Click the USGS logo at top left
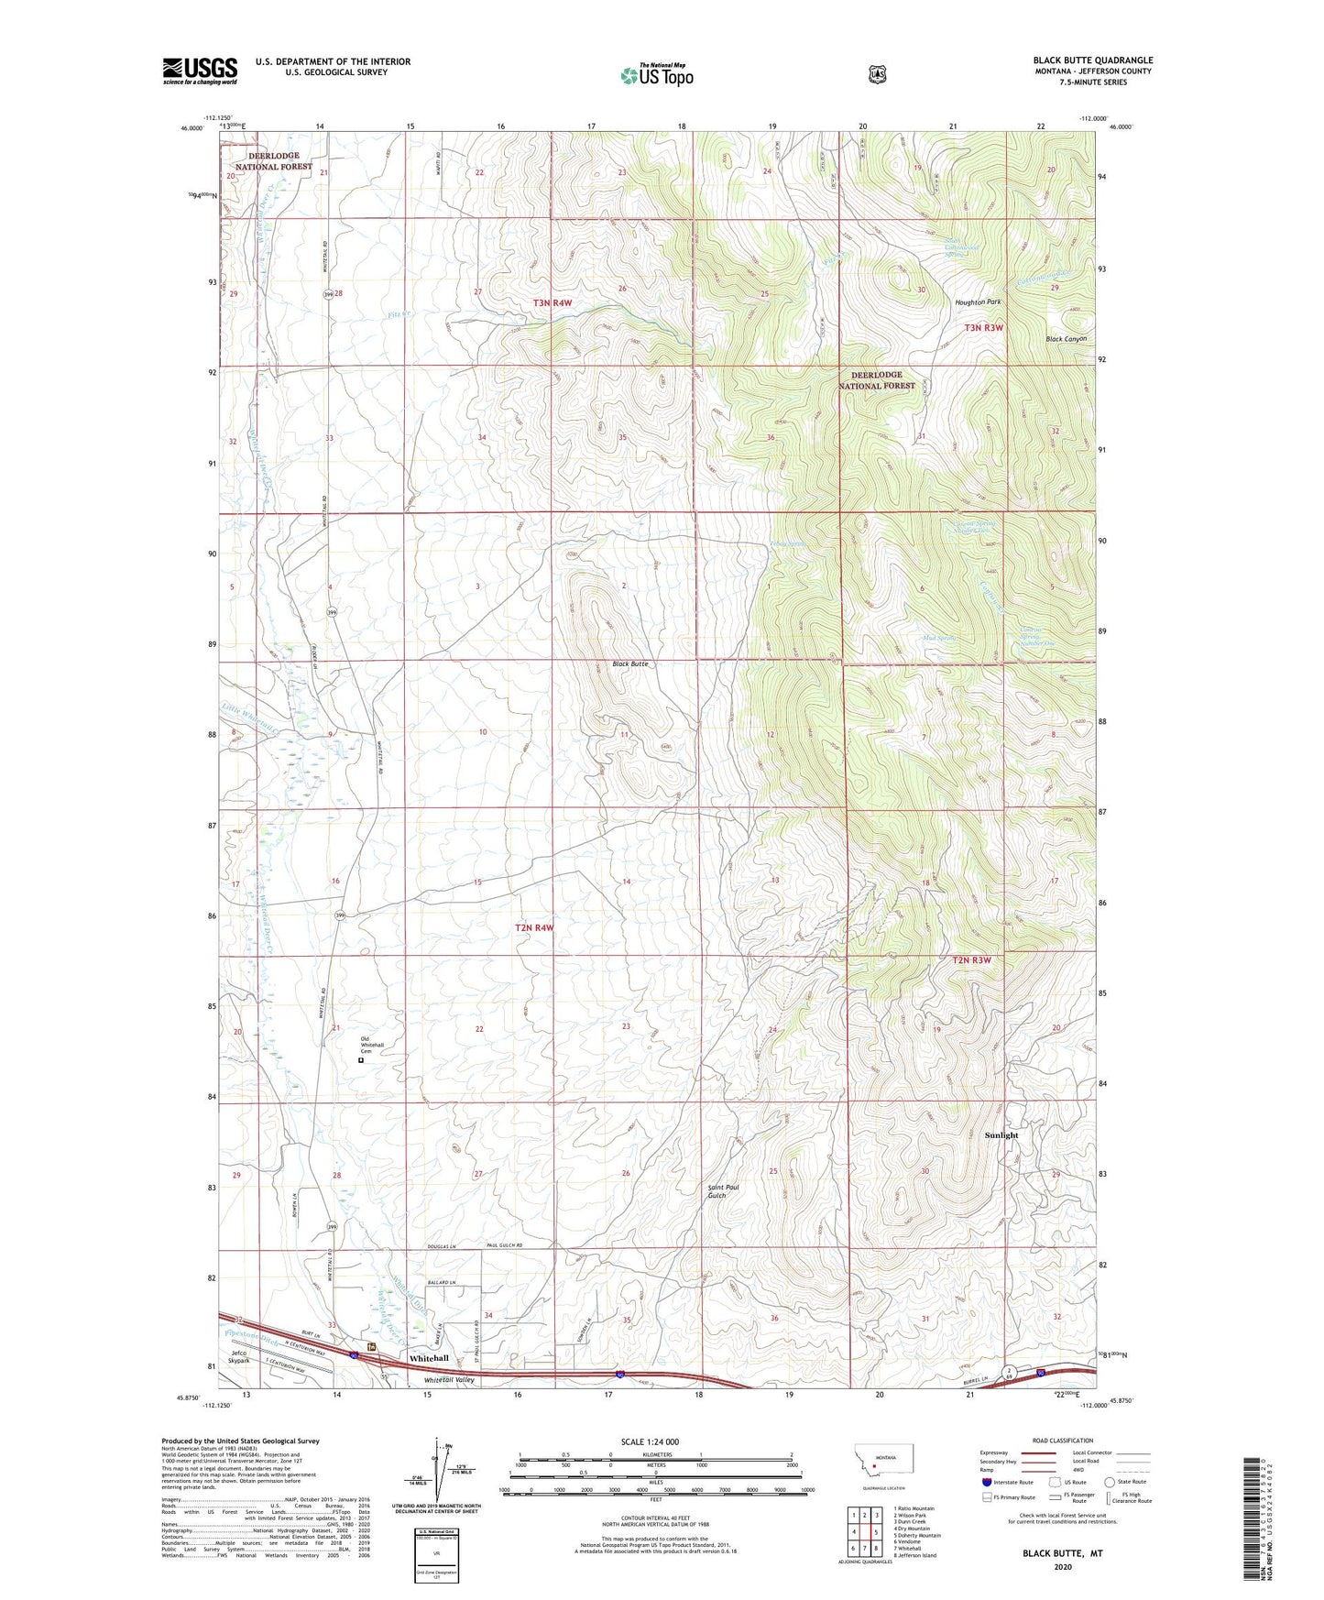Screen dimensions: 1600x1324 pyautogui.click(x=200, y=71)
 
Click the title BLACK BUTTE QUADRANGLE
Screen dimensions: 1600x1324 pyautogui.click(x=1093, y=60)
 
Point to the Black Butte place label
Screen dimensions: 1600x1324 pyautogui.click(x=630, y=663)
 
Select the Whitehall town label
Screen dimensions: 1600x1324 pyautogui.click(x=429, y=1357)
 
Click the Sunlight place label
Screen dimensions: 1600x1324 pyautogui.click(x=1001, y=1135)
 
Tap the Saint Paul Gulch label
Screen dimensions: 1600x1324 pyautogui.click(x=723, y=1190)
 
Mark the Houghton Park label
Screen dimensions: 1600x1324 pyautogui.click(x=978, y=302)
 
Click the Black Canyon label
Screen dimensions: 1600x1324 pyautogui.click(x=1067, y=339)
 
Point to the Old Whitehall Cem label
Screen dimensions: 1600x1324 pyautogui.click(x=372, y=1045)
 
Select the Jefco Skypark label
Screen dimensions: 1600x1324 pyautogui.click(x=240, y=1357)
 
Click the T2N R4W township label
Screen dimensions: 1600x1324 pyautogui.click(x=534, y=927)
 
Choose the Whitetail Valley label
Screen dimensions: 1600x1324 pyautogui.click(x=449, y=1380)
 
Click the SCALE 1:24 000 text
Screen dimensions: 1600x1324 pyautogui.click(x=650, y=1441)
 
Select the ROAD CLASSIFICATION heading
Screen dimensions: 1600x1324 pyautogui.click(x=1062, y=1441)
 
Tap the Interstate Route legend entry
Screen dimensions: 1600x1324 pyautogui.click(x=1007, y=1482)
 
